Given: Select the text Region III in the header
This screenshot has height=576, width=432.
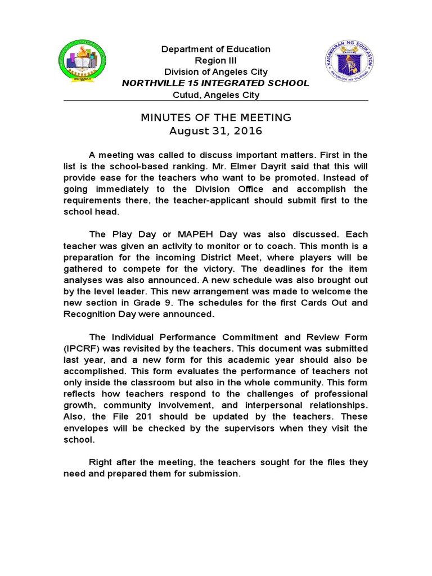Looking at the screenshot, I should click(215, 61).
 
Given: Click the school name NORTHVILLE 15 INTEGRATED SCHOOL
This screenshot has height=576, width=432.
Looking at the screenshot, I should click(215, 83).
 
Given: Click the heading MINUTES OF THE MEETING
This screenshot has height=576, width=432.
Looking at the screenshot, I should click(215, 118).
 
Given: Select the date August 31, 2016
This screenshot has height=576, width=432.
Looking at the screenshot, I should click(215, 131).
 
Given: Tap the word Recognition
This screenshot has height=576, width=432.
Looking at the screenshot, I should click(90, 314).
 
